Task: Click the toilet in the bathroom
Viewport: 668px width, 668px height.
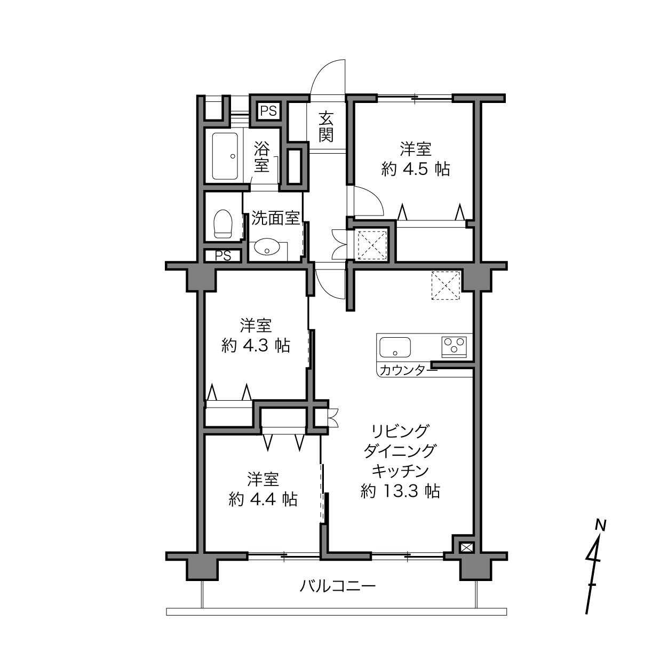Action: click(223, 224)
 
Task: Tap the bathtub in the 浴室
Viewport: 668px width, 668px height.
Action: click(225, 156)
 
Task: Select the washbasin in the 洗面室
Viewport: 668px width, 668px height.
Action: click(267, 247)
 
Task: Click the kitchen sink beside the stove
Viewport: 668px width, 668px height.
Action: click(395, 347)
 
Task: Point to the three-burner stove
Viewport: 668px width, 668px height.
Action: click(454, 347)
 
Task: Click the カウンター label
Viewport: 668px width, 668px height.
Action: click(408, 371)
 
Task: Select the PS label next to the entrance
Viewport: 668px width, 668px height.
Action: click(269, 111)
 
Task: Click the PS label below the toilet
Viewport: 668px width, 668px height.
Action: click(223, 256)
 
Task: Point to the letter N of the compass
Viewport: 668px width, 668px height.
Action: click(601, 525)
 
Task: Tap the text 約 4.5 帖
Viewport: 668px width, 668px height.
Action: click(416, 170)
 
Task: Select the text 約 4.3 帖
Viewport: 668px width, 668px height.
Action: click(256, 345)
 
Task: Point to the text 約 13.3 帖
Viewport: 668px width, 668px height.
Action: click(400, 491)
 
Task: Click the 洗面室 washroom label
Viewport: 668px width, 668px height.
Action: click(276, 218)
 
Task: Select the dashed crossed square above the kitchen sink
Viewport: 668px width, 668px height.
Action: click(446, 285)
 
